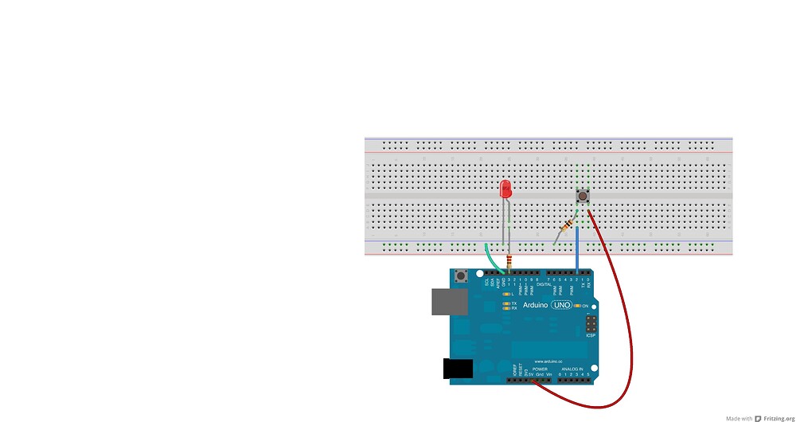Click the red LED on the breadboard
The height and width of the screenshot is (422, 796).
tap(505, 190)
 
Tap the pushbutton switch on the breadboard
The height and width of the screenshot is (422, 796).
tap(583, 196)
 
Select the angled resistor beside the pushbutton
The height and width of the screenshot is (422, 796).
tap(568, 226)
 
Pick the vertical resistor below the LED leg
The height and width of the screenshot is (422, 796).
tap(509, 262)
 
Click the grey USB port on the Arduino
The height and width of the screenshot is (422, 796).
tap(450, 302)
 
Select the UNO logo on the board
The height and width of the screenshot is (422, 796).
tap(562, 305)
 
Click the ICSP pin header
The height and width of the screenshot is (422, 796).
tap(591, 325)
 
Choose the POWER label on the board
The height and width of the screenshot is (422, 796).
tap(540, 369)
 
